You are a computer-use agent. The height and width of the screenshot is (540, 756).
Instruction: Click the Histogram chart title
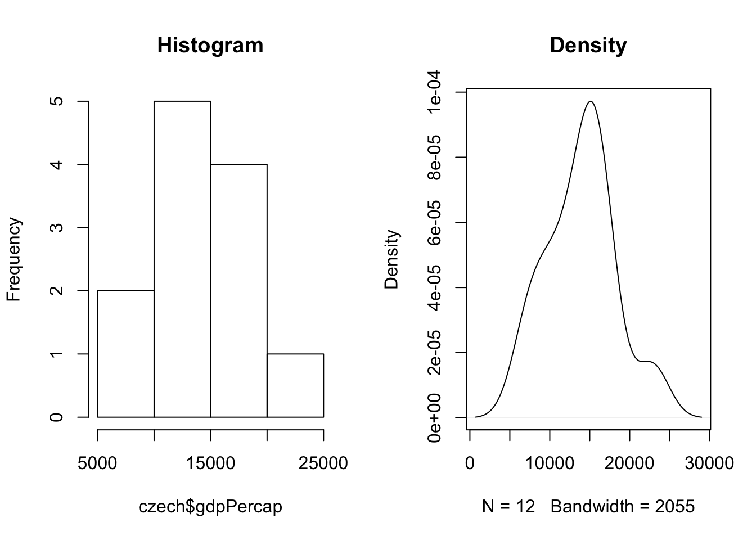[210, 45]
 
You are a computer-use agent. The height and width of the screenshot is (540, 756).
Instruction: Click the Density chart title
[588, 45]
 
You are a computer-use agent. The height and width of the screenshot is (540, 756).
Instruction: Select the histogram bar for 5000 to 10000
[126, 354]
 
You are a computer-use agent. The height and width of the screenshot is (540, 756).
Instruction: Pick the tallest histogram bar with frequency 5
[182, 259]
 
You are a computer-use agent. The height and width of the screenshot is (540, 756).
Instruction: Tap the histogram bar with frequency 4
[238, 290]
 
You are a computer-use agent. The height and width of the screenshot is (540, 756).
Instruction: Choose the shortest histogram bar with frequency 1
[295, 385]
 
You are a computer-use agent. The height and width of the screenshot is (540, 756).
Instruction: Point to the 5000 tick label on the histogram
[97, 463]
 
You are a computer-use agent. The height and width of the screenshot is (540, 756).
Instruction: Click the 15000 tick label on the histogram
[210, 463]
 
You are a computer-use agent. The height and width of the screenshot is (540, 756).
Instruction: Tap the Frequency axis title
[14, 259]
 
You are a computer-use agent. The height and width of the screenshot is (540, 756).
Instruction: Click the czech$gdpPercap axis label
[210, 507]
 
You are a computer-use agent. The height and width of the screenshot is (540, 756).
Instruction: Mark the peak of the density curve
[590, 101]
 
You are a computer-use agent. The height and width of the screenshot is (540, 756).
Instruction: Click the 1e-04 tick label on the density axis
[434, 92]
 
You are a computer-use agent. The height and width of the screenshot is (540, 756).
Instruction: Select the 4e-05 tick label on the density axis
[434, 287]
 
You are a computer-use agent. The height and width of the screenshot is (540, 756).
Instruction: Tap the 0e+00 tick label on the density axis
[434, 418]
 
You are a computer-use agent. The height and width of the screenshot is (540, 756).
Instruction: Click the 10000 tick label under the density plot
[550, 463]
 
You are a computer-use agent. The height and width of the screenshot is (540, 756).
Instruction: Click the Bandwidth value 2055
[675, 507]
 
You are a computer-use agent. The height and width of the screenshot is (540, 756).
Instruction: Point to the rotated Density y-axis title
[391, 259]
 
